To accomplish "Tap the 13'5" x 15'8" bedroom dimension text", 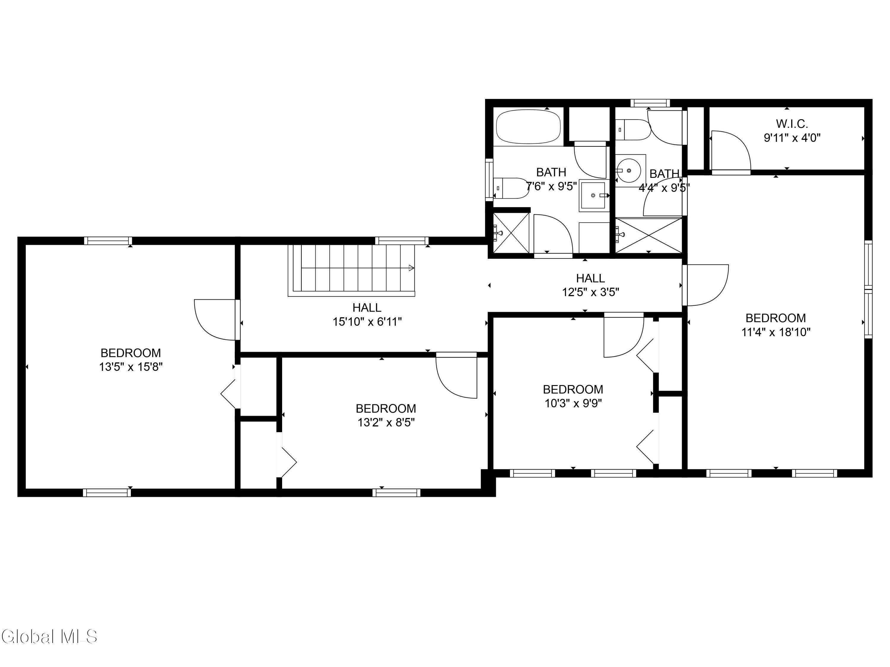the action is pyautogui.click(x=131, y=367).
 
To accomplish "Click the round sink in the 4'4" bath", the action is pyautogui.click(x=628, y=170).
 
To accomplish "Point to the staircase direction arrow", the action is pyautogui.click(x=411, y=268).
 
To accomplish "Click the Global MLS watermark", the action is pyautogui.click(x=49, y=636).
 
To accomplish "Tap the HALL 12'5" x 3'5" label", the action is pyautogui.click(x=590, y=285).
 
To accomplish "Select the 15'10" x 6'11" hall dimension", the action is pyautogui.click(x=367, y=322).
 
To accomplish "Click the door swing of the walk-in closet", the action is pyautogui.click(x=731, y=151).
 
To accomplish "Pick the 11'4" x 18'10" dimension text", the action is pyautogui.click(x=776, y=332).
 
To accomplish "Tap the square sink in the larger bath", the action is pyautogui.click(x=593, y=195).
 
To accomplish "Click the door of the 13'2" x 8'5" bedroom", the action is pyautogui.click(x=457, y=376).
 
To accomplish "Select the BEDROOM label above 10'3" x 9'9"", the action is pyautogui.click(x=573, y=389).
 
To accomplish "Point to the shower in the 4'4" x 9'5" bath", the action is pyautogui.click(x=649, y=236).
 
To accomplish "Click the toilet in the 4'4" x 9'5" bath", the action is pyautogui.click(x=632, y=130).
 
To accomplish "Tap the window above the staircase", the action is pyautogui.click(x=402, y=241).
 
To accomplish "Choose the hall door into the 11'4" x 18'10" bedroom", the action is pyautogui.click(x=705, y=285).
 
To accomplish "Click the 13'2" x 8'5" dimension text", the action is pyautogui.click(x=386, y=422).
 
